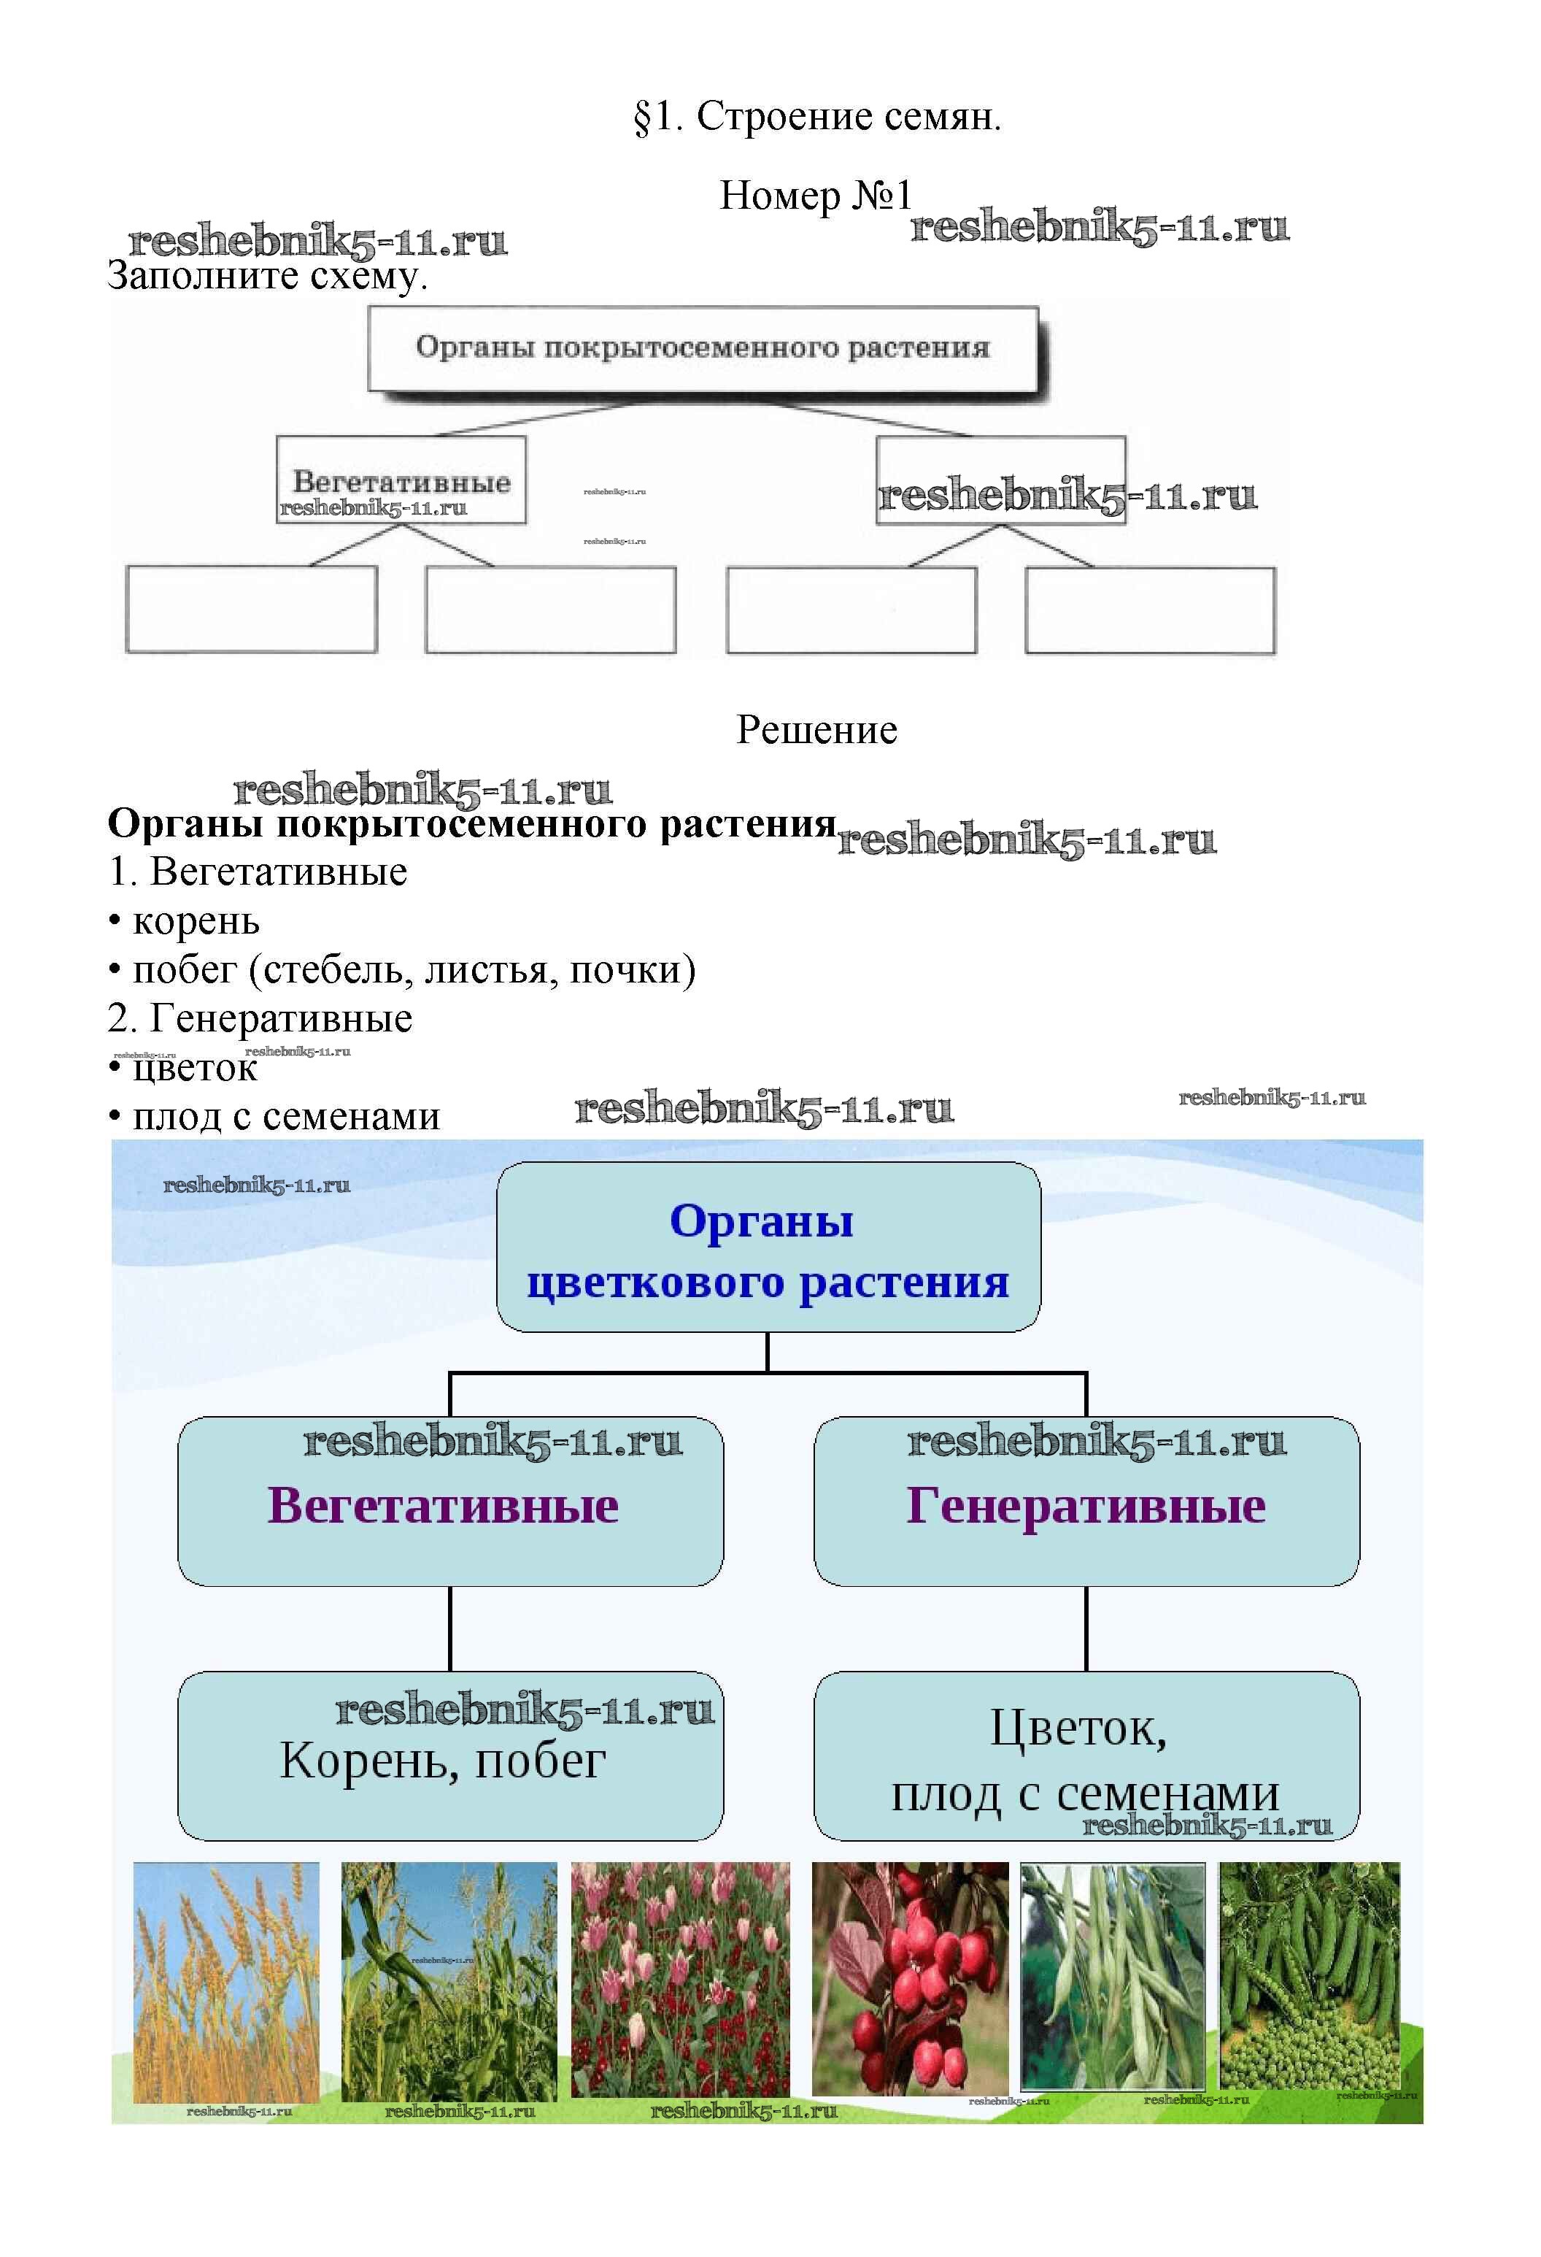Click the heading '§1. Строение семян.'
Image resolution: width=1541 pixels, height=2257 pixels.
click(816, 117)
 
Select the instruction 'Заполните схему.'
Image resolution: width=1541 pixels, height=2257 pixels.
click(267, 277)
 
